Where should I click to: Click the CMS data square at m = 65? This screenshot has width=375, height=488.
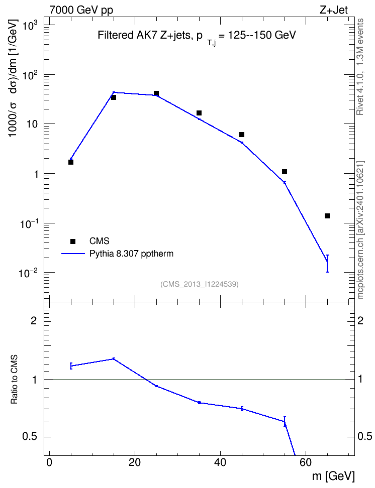point(327,216)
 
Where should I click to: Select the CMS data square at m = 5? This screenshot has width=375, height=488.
point(71,162)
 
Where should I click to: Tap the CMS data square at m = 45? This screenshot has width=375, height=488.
point(242,135)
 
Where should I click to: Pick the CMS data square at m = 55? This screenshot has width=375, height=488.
point(285,172)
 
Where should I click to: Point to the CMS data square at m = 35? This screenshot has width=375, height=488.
point(199,112)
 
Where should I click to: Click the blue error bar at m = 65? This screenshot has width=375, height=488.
point(327,263)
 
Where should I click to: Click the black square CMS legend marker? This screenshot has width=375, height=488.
point(73,241)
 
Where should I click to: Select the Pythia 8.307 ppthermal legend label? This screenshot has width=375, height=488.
point(131,254)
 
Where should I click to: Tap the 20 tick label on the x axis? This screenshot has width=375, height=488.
point(135,462)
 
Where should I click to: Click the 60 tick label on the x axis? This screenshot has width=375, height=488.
point(306,462)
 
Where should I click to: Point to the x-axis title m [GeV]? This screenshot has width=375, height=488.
point(333,476)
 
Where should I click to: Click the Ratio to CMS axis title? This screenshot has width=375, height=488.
point(14,379)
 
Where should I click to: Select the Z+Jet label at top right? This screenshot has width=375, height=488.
point(334,10)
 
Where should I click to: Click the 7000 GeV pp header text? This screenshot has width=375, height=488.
point(81,10)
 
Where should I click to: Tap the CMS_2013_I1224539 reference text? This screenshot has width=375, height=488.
point(200,284)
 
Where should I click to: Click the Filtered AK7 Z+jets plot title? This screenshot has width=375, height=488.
point(197,36)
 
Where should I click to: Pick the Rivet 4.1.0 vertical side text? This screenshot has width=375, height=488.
point(360,67)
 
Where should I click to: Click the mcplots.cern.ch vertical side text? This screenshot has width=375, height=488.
point(360,230)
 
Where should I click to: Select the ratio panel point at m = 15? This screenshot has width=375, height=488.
point(114,359)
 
